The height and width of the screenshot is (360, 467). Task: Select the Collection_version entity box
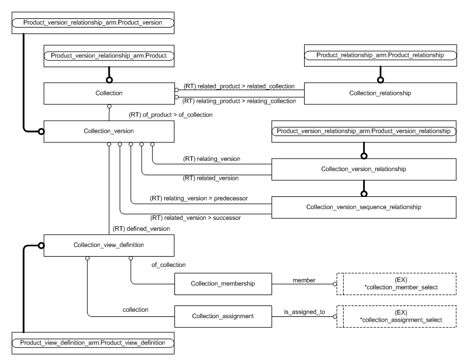(x=109, y=131)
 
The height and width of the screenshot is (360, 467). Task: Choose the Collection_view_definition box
(x=109, y=245)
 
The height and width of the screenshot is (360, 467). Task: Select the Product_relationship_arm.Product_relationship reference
(x=380, y=56)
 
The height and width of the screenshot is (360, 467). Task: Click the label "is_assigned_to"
(x=305, y=311)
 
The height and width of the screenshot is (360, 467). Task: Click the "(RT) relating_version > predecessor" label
(x=194, y=198)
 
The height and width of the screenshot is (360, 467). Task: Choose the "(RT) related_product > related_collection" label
(x=239, y=86)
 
